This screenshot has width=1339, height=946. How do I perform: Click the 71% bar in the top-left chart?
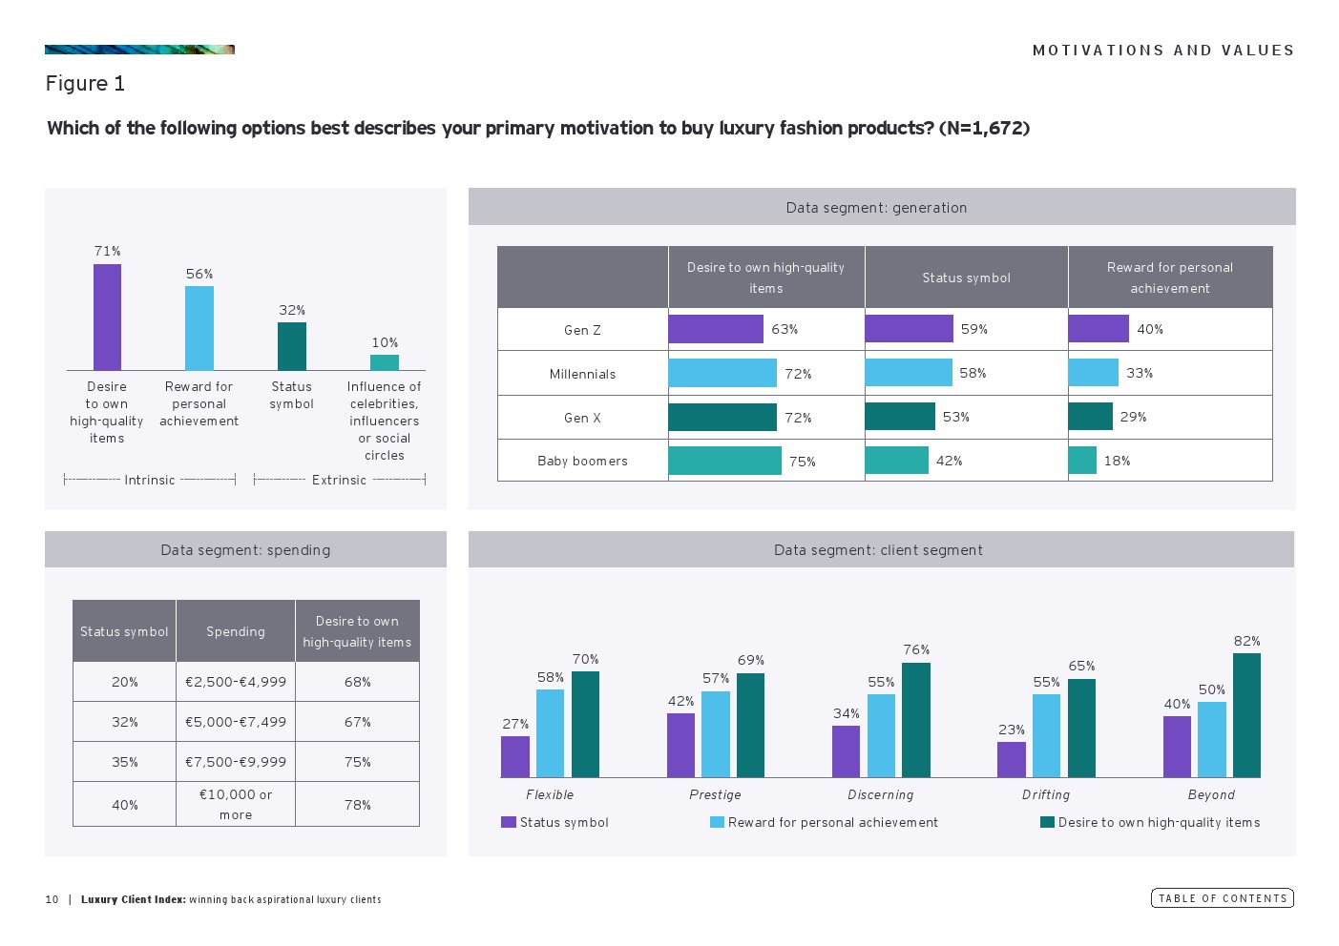[x=107, y=317]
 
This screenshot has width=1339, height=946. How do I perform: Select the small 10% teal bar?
[x=385, y=362]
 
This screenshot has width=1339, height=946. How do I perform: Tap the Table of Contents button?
[x=1222, y=898]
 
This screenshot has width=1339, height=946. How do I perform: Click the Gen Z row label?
[x=582, y=330]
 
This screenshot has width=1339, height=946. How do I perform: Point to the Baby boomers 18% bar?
[x=1082, y=461]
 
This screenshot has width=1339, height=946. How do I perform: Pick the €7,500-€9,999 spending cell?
[x=236, y=762]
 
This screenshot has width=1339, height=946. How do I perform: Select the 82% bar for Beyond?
[x=1246, y=715]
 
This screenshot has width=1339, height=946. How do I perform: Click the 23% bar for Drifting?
[x=1012, y=759]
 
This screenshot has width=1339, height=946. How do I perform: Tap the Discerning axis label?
[x=880, y=794]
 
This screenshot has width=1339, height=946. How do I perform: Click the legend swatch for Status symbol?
[x=508, y=822]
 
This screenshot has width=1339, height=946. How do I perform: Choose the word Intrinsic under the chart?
[x=150, y=480]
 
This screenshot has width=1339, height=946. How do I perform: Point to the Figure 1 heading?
[x=85, y=84]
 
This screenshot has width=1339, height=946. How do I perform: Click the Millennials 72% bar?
[x=722, y=373]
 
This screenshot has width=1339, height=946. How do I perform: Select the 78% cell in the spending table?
[x=358, y=805]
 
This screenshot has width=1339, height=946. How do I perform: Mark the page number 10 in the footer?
[x=52, y=899]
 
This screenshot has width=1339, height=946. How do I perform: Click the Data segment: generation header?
[x=876, y=207]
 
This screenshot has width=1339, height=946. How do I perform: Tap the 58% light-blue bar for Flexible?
[x=550, y=732]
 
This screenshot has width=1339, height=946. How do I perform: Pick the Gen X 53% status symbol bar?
[x=900, y=417]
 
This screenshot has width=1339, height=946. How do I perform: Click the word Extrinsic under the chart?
[x=339, y=480]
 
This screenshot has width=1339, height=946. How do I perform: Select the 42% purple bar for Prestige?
[x=680, y=745]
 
